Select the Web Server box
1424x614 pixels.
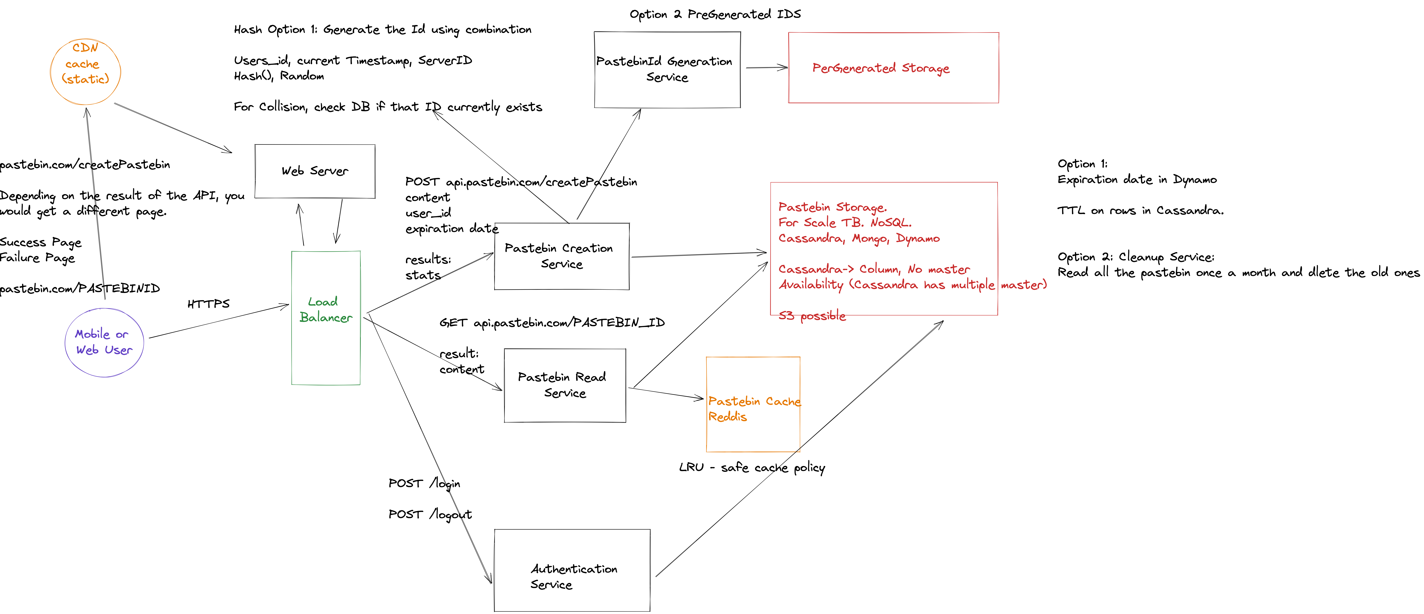(315, 171)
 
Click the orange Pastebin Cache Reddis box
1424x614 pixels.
(753, 405)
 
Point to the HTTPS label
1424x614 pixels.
(208, 304)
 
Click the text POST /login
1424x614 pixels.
(424, 484)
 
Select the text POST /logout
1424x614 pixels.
(430, 514)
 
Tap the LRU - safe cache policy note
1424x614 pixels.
(752, 468)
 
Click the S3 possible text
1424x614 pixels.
(812, 316)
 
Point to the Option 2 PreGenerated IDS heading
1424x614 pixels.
(715, 14)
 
